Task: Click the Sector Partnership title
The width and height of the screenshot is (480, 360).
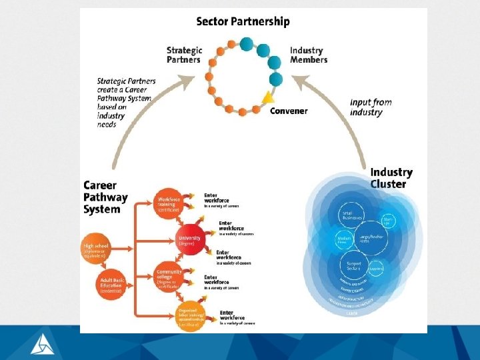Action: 243,21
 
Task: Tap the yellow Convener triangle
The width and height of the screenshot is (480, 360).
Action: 267,98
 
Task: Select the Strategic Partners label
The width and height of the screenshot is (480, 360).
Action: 184,55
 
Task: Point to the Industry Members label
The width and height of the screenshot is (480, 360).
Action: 309,55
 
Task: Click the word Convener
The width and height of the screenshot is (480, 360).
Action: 289,111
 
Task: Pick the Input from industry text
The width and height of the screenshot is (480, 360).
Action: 371,107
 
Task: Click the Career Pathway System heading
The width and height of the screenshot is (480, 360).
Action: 105,197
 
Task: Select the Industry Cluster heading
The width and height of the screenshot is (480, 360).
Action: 391,178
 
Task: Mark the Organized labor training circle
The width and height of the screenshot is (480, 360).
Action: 190,313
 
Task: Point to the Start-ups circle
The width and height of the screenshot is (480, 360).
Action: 388,221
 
